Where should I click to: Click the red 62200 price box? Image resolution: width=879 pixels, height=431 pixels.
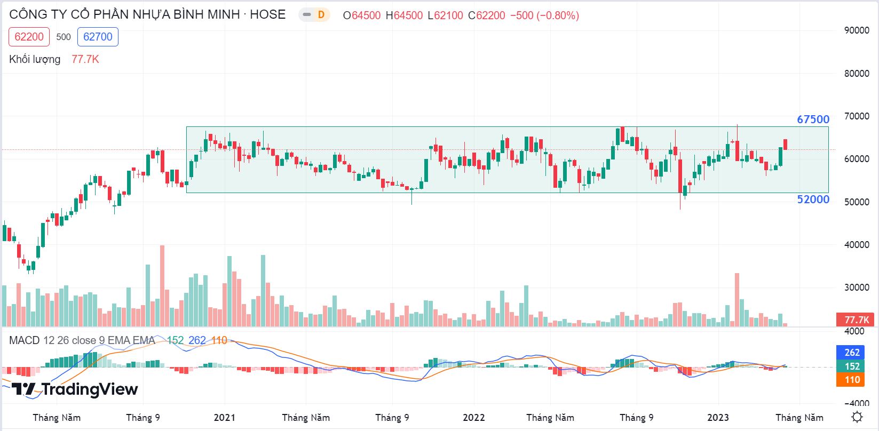point(29,37)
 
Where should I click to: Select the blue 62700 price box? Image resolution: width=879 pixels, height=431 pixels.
point(98,37)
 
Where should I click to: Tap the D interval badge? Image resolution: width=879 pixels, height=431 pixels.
point(320,15)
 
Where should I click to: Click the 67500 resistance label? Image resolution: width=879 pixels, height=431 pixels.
point(813,119)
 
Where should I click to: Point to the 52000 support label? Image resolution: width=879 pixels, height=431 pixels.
point(813,199)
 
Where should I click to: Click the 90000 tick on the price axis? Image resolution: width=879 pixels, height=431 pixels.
point(856,30)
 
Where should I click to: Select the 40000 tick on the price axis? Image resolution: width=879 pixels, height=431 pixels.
point(856,245)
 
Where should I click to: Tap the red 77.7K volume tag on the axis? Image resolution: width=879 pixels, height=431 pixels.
point(856,320)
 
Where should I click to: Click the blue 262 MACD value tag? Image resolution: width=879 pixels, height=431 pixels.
point(852,352)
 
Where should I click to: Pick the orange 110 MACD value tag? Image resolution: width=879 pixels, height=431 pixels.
point(852,380)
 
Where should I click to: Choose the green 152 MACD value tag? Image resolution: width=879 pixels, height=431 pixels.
point(852,366)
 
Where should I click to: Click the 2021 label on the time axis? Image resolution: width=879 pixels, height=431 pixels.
point(224,417)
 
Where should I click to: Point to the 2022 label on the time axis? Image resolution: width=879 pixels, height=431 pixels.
point(473,417)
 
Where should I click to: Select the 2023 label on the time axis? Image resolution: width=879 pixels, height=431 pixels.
point(718,417)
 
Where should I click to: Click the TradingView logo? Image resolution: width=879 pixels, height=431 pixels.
point(75,389)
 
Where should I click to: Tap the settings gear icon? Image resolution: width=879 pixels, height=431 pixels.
point(857,417)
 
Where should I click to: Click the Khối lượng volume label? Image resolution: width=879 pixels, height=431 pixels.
point(35,59)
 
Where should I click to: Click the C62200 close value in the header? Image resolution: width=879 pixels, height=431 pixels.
point(486,15)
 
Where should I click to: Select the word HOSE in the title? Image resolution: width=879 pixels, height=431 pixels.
point(267,14)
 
